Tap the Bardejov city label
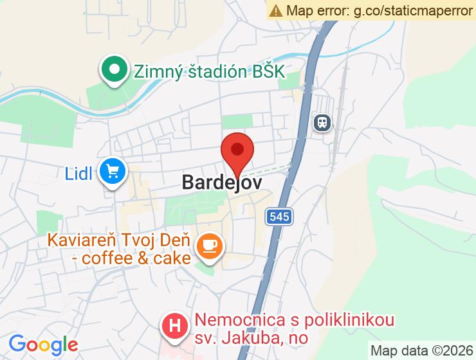tap(222, 182)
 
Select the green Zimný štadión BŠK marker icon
tap(114, 69)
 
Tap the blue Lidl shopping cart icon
tap(114, 172)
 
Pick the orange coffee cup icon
tap(209, 245)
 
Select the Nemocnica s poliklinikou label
tap(295, 319)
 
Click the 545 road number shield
tap(280, 217)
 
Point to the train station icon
tap(322, 122)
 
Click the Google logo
tap(43, 345)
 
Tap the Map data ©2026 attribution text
tap(421, 351)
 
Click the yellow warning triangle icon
tap(277, 10)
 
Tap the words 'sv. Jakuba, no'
tap(252, 337)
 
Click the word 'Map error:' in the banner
tap(316, 10)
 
